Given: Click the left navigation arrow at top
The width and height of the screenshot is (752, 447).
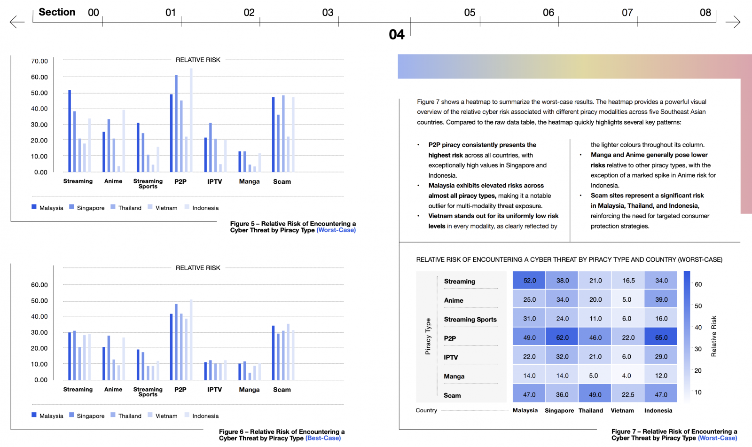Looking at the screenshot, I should [17, 22].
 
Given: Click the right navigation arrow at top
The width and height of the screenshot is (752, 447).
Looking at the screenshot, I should [733, 22].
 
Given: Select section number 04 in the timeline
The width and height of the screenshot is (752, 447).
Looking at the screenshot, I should [397, 34].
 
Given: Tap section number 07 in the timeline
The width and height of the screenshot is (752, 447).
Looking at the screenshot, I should [627, 13].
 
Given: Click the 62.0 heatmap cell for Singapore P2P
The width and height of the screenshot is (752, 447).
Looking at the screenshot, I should [562, 337].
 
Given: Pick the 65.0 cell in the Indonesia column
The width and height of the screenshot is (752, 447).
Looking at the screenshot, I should [661, 337].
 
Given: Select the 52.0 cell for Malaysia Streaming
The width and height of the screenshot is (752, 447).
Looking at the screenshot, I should [529, 281].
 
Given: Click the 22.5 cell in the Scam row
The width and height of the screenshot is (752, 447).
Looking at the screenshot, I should [628, 394].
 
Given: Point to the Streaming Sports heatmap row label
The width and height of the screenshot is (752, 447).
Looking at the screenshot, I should [470, 319].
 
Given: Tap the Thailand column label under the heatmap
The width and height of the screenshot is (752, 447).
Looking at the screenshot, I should [590, 410].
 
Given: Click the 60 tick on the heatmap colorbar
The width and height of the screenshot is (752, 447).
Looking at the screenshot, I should [698, 284].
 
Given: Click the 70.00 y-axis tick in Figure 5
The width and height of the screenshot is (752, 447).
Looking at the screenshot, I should [39, 61].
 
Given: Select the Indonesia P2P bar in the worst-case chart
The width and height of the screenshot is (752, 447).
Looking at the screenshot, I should [191, 120].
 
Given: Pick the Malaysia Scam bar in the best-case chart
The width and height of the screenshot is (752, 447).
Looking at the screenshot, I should [273, 353].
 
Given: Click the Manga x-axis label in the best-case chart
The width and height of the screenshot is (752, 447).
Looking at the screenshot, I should [249, 390].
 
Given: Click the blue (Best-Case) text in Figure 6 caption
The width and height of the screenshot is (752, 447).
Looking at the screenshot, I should [323, 438].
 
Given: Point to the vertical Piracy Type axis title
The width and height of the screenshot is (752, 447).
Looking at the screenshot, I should [428, 336].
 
